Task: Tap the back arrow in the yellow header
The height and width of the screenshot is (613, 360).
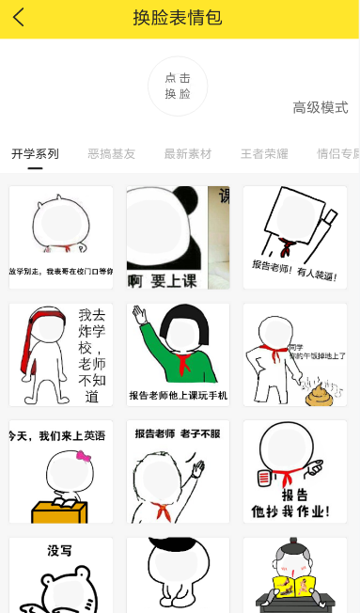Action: click(x=19, y=18)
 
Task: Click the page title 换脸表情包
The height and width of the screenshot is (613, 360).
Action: click(x=178, y=18)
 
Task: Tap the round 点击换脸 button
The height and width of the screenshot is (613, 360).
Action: click(x=178, y=86)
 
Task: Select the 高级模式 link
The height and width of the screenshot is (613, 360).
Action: click(x=320, y=108)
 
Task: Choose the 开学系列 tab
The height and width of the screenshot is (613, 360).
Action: click(x=35, y=153)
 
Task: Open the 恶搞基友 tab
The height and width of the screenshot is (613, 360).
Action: click(x=111, y=153)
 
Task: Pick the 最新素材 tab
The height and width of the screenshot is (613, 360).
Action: click(x=188, y=153)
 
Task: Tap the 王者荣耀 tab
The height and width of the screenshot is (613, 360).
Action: click(x=264, y=153)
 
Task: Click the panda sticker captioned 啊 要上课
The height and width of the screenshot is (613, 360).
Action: click(x=178, y=237)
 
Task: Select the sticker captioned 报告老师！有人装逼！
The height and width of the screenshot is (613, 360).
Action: click(x=294, y=237)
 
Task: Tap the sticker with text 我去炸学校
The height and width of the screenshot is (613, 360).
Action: click(x=61, y=354)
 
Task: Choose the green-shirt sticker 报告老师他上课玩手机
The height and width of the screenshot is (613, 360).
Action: click(x=178, y=354)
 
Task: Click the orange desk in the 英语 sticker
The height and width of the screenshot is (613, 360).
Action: click(x=58, y=509)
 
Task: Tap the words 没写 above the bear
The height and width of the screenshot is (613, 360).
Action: click(x=60, y=551)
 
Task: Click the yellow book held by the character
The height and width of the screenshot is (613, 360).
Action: click(x=293, y=588)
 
